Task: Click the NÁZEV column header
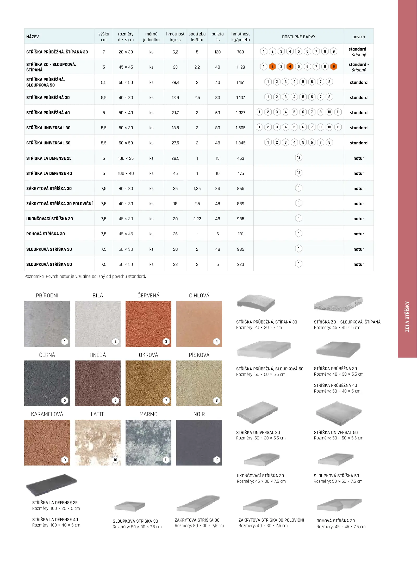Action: [33, 37]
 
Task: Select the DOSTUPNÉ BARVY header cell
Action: [298, 37]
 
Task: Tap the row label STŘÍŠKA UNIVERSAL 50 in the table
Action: [48, 143]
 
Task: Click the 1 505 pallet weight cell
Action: [240, 128]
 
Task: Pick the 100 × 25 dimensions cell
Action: [126, 158]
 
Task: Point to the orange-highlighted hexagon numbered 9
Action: [333, 66]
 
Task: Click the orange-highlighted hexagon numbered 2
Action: [272, 66]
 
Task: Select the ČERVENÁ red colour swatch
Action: [148, 324]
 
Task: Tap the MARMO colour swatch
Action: [148, 442]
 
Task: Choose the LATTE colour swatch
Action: [98, 442]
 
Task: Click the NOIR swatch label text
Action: [199, 414]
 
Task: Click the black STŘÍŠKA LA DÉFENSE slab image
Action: [51, 485]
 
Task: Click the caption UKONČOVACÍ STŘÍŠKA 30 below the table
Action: [260, 476]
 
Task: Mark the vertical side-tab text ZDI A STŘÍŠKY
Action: [407, 316]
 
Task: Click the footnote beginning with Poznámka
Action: [85, 276]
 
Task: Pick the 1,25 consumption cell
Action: [197, 188]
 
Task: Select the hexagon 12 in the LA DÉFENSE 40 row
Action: [298, 173]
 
